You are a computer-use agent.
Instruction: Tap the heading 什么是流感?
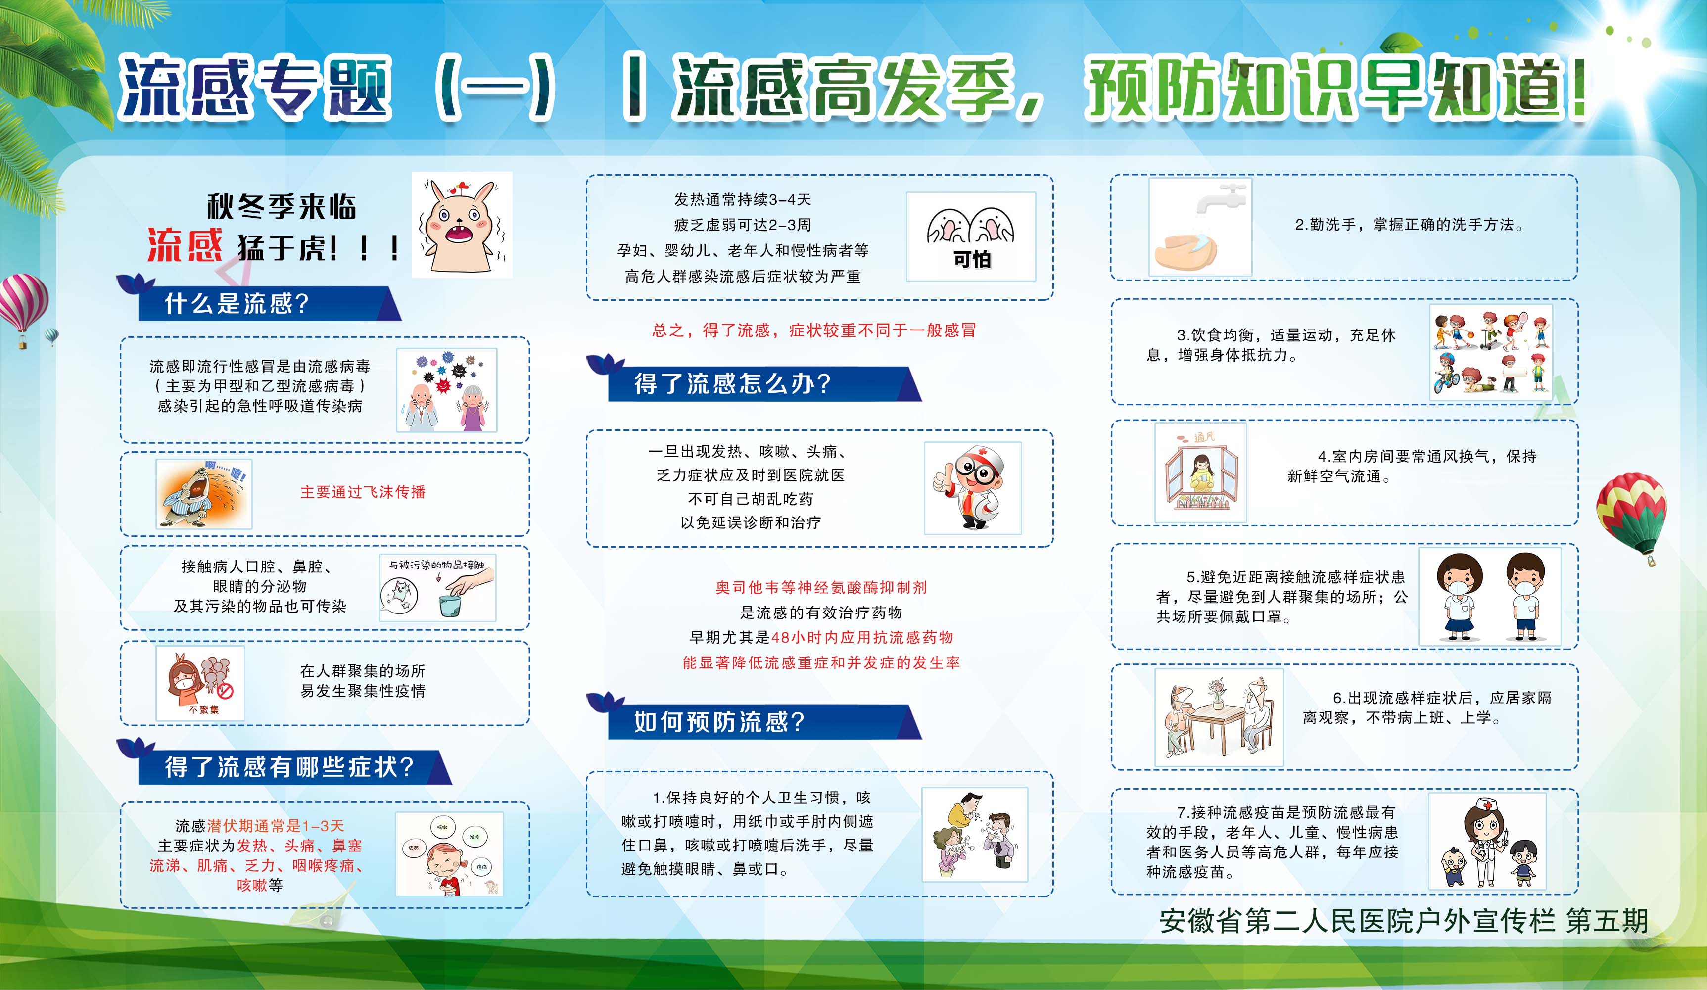pyautogui.click(x=237, y=303)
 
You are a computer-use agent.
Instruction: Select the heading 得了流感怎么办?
pyautogui.click(x=732, y=384)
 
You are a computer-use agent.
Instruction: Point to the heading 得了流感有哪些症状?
pyautogui.click(x=288, y=767)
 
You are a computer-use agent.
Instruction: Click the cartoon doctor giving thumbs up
pyautogui.click(x=972, y=487)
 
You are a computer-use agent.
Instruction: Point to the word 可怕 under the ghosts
pyautogui.click(x=972, y=259)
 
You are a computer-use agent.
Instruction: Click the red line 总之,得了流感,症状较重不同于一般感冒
pyautogui.click(x=813, y=330)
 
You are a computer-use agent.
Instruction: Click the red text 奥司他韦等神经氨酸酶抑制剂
pyautogui.click(x=821, y=587)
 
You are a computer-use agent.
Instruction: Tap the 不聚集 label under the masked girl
pyautogui.click(x=203, y=709)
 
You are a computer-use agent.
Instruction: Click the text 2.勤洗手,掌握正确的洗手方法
pyautogui.click(x=1409, y=225)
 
